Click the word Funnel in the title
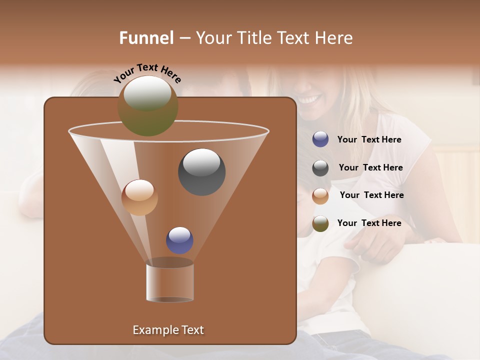pos(146,38)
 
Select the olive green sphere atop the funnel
pos(148,106)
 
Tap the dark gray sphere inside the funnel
pos(202,172)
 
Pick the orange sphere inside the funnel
pos(139,197)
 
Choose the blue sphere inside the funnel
pos(179,240)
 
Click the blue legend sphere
pos(320,139)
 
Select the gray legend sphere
pos(320,168)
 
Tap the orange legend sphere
pos(320,195)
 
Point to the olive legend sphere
pos(320,223)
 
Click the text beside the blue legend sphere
pos(369,140)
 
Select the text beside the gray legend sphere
pos(370,168)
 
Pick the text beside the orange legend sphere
pos(371,195)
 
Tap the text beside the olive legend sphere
pos(369,223)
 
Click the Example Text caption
pos(168,330)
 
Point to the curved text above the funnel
pos(147,72)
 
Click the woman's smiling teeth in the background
pos(309,99)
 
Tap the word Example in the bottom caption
pos(153,330)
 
